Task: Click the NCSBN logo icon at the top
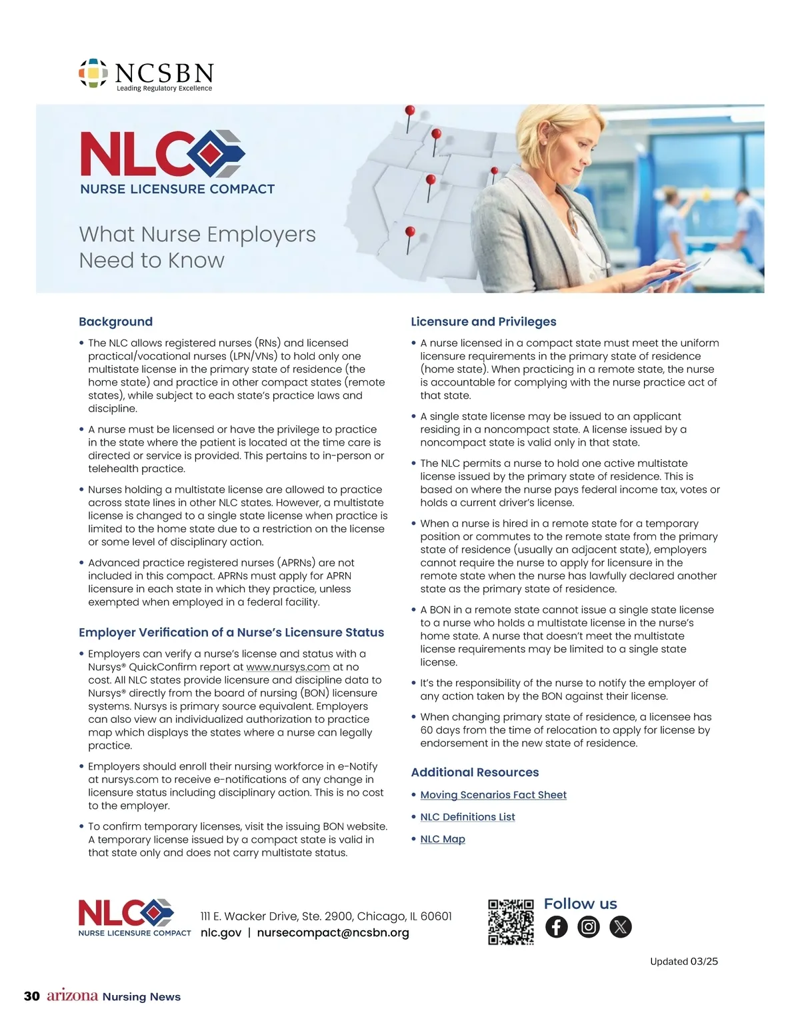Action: coord(93,73)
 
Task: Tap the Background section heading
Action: coord(115,321)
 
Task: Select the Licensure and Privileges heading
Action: coord(483,321)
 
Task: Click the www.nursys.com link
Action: coord(288,667)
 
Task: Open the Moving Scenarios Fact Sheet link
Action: coord(493,795)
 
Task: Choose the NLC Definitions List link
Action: coord(467,817)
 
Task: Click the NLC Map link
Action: coord(443,839)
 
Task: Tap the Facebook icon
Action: coord(557,927)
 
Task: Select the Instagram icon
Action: coord(589,927)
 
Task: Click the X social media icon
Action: coord(621,927)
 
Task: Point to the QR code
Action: coord(511,922)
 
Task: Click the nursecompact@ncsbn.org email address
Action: coord(333,932)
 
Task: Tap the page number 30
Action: coord(32,996)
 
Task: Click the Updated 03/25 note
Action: coord(684,961)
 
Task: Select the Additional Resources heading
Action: coord(475,772)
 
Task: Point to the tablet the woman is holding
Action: coord(673,274)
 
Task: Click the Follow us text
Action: coord(580,904)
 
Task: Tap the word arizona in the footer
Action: coord(72,996)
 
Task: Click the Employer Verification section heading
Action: coord(231,632)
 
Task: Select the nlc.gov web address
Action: coord(221,932)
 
